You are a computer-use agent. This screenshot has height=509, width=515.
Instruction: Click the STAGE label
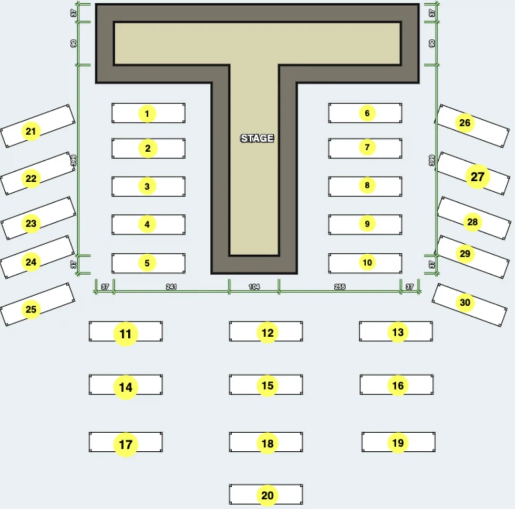pyautogui.click(x=257, y=138)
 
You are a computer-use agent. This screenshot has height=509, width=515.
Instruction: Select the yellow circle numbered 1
pyautogui.click(x=147, y=114)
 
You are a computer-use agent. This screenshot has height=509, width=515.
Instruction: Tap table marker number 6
pyautogui.click(x=367, y=113)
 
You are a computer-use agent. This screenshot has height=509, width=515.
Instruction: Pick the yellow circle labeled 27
pyautogui.click(x=477, y=177)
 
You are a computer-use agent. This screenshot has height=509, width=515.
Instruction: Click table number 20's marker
pyautogui.click(x=268, y=496)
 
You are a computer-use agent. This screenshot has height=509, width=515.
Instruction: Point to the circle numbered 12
pyautogui.click(x=268, y=332)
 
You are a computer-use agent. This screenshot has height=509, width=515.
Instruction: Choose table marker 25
pyautogui.click(x=31, y=310)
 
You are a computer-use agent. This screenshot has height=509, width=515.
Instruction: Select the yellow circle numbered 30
pyautogui.click(x=465, y=302)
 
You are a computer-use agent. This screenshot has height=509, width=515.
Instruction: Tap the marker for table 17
pyautogui.click(x=125, y=445)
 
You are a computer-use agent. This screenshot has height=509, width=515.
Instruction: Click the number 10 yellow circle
pyautogui.click(x=367, y=262)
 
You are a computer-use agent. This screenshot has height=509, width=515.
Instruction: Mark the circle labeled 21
pyautogui.click(x=31, y=131)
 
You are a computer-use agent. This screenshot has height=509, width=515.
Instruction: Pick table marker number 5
pyautogui.click(x=147, y=263)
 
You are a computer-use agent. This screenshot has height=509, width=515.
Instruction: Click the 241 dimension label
pyautogui.click(x=172, y=287)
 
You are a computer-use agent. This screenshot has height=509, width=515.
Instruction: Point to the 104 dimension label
pyautogui.click(x=254, y=287)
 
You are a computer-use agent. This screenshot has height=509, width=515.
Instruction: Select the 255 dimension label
pyautogui.click(x=340, y=287)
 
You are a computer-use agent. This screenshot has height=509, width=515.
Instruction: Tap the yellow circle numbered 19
pyautogui.click(x=398, y=443)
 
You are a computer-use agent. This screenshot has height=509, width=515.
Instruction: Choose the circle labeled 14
pyautogui.click(x=125, y=387)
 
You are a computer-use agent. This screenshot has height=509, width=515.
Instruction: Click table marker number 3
pyautogui.click(x=147, y=187)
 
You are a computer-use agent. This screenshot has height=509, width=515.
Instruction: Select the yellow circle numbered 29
pyautogui.click(x=465, y=254)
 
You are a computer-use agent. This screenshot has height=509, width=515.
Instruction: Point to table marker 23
pyautogui.click(x=31, y=223)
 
